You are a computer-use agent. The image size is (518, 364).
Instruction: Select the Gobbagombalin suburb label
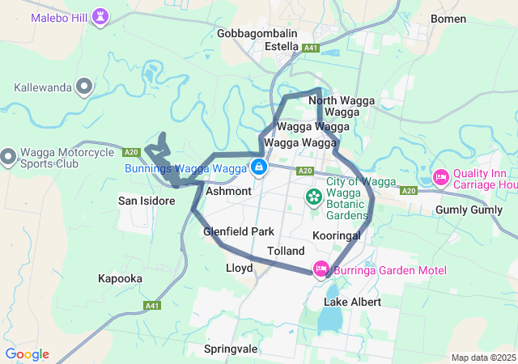point(257,33)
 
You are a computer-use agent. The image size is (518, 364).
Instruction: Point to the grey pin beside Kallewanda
point(83,87)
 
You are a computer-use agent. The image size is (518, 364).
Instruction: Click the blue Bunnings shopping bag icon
point(258,167)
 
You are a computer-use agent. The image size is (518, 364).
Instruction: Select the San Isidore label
point(146,201)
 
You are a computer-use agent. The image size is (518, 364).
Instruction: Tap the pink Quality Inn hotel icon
point(441,176)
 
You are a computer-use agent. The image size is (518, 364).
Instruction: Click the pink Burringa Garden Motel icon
point(321,269)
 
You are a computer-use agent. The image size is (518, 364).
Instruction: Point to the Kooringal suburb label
point(336,235)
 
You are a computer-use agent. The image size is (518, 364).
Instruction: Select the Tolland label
point(285,252)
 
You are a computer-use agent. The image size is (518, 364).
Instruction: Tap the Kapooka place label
point(120,278)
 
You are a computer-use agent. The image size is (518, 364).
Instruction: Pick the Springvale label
point(231,349)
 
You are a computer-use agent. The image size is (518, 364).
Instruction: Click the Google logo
point(27,354)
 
